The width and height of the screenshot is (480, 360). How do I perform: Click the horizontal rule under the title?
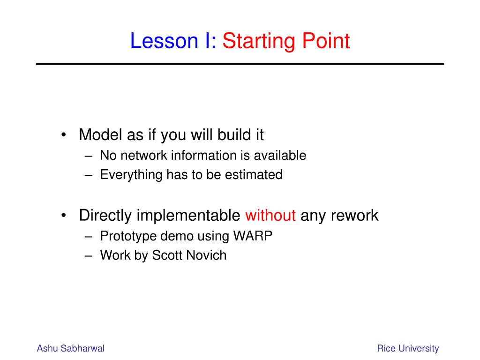pyautogui.click(x=240, y=64)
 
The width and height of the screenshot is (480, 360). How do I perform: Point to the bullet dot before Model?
pyautogui.click(x=64, y=135)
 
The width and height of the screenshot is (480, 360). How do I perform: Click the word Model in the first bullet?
pyautogui.click(x=100, y=135)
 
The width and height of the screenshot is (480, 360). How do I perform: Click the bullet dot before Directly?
pyautogui.click(x=64, y=216)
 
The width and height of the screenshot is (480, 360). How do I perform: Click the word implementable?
pyautogui.click(x=188, y=216)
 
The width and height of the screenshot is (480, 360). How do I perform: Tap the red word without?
pyautogui.click(x=270, y=215)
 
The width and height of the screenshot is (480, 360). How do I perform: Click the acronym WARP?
pyautogui.click(x=253, y=236)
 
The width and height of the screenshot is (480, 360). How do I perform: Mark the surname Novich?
pyautogui.click(x=206, y=255)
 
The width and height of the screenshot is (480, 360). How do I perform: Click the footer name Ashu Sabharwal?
pyautogui.click(x=71, y=348)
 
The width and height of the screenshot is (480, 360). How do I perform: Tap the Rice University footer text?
pyautogui.click(x=408, y=349)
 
